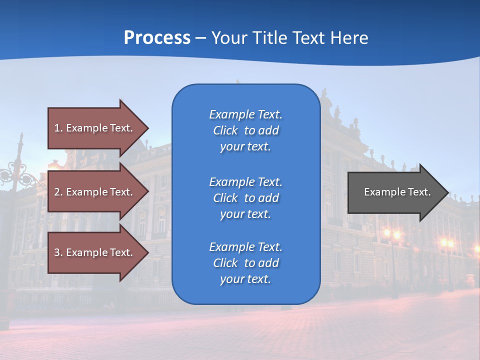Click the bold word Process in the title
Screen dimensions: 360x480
157,37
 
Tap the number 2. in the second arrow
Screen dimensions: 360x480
58,192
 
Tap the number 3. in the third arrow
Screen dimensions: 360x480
58,252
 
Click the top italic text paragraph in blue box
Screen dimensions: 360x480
245,130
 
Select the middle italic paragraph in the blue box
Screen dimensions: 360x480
245,198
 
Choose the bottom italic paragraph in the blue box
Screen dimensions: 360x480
245,263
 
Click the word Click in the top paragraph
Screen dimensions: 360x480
225,130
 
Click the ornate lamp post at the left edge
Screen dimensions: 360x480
19,175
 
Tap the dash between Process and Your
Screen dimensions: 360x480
200,38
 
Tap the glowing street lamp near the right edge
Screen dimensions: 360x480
447,244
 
